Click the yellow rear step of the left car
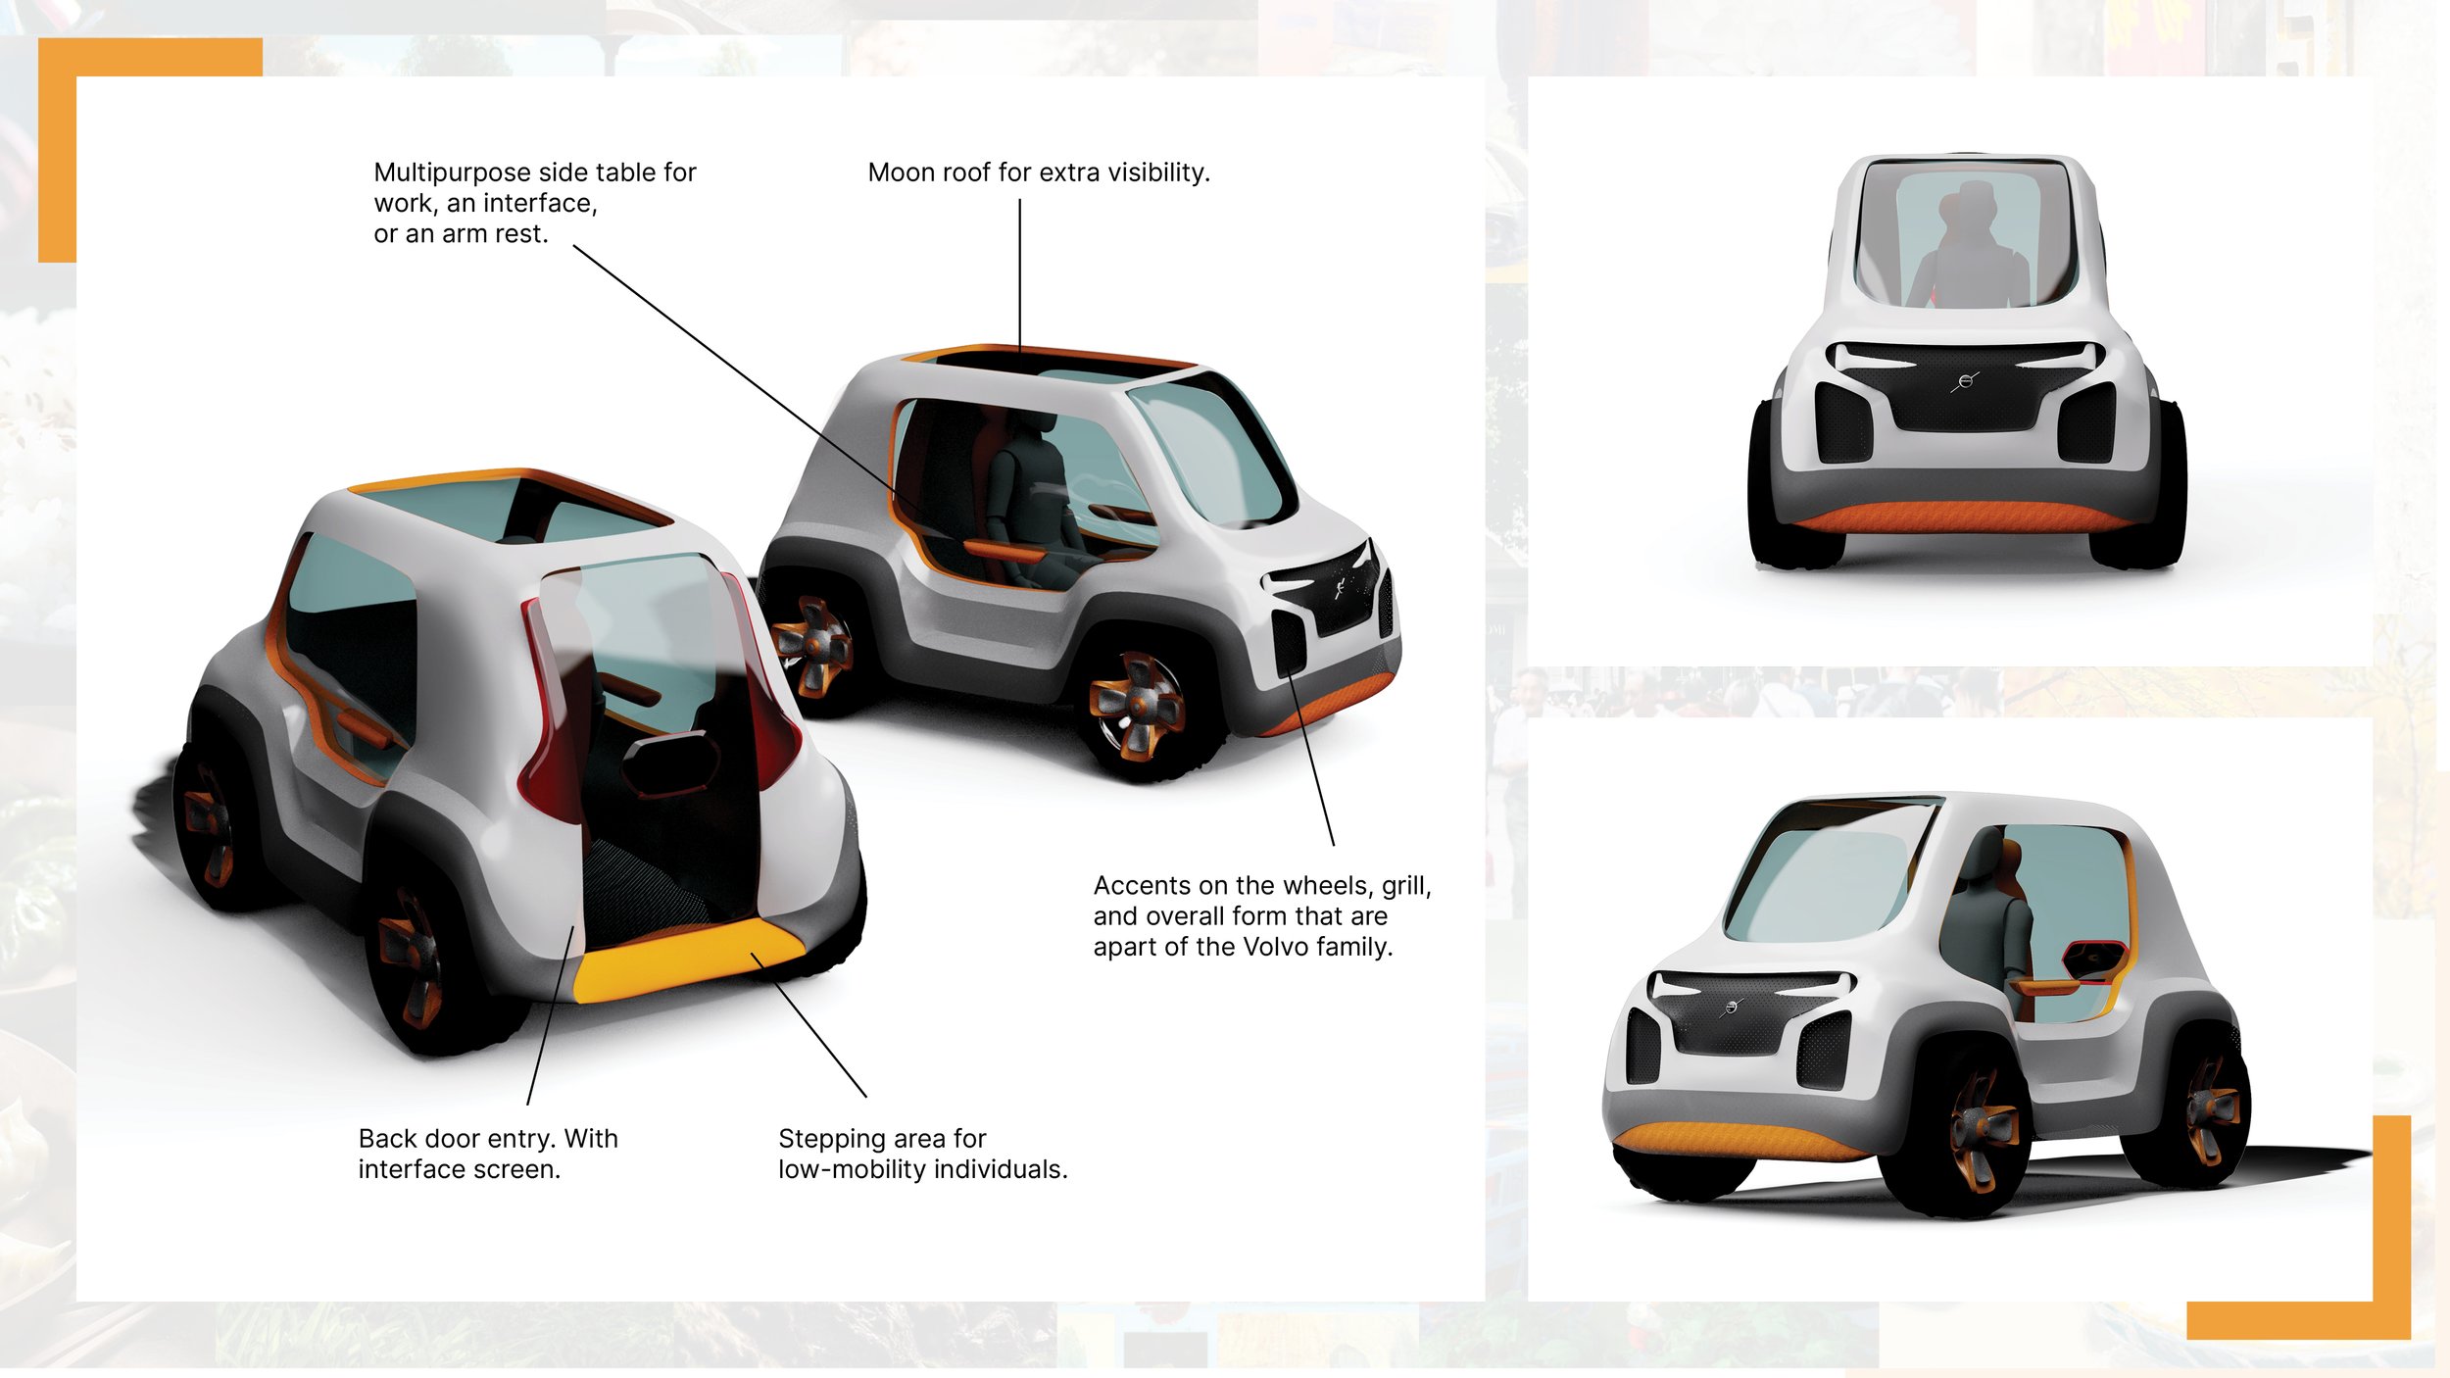pos(686,960)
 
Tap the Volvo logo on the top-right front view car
pos(1965,381)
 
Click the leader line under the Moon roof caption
pos(1019,274)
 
